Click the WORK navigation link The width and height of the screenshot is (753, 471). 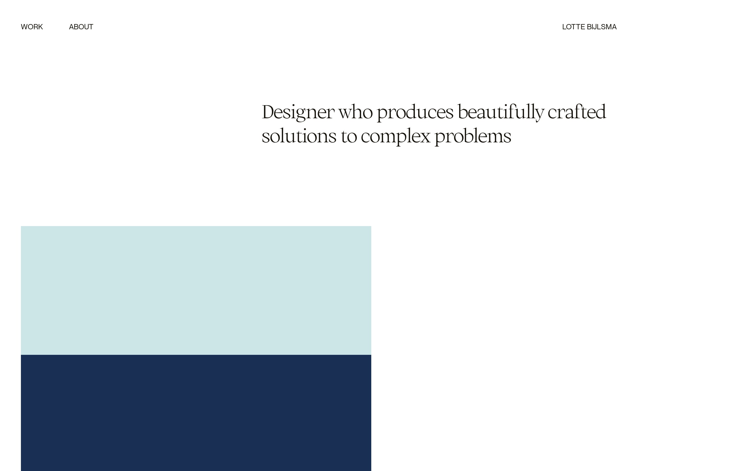pyautogui.click(x=32, y=27)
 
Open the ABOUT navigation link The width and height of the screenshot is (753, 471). pyautogui.click(x=81, y=27)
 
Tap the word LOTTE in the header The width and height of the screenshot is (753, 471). pyautogui.click(x=573, y=27)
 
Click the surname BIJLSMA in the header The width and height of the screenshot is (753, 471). pyautogui.click(x=601, y=27)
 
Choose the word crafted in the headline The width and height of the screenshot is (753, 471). pyautogui.click(x=577, y=111)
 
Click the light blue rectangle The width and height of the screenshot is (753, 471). pyautogui.click(x=196, y=290)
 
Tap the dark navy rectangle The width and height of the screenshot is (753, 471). pyautogui.click(x=196, y=413)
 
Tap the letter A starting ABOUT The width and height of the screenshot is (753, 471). pyautogui.click(x=72, y=27)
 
